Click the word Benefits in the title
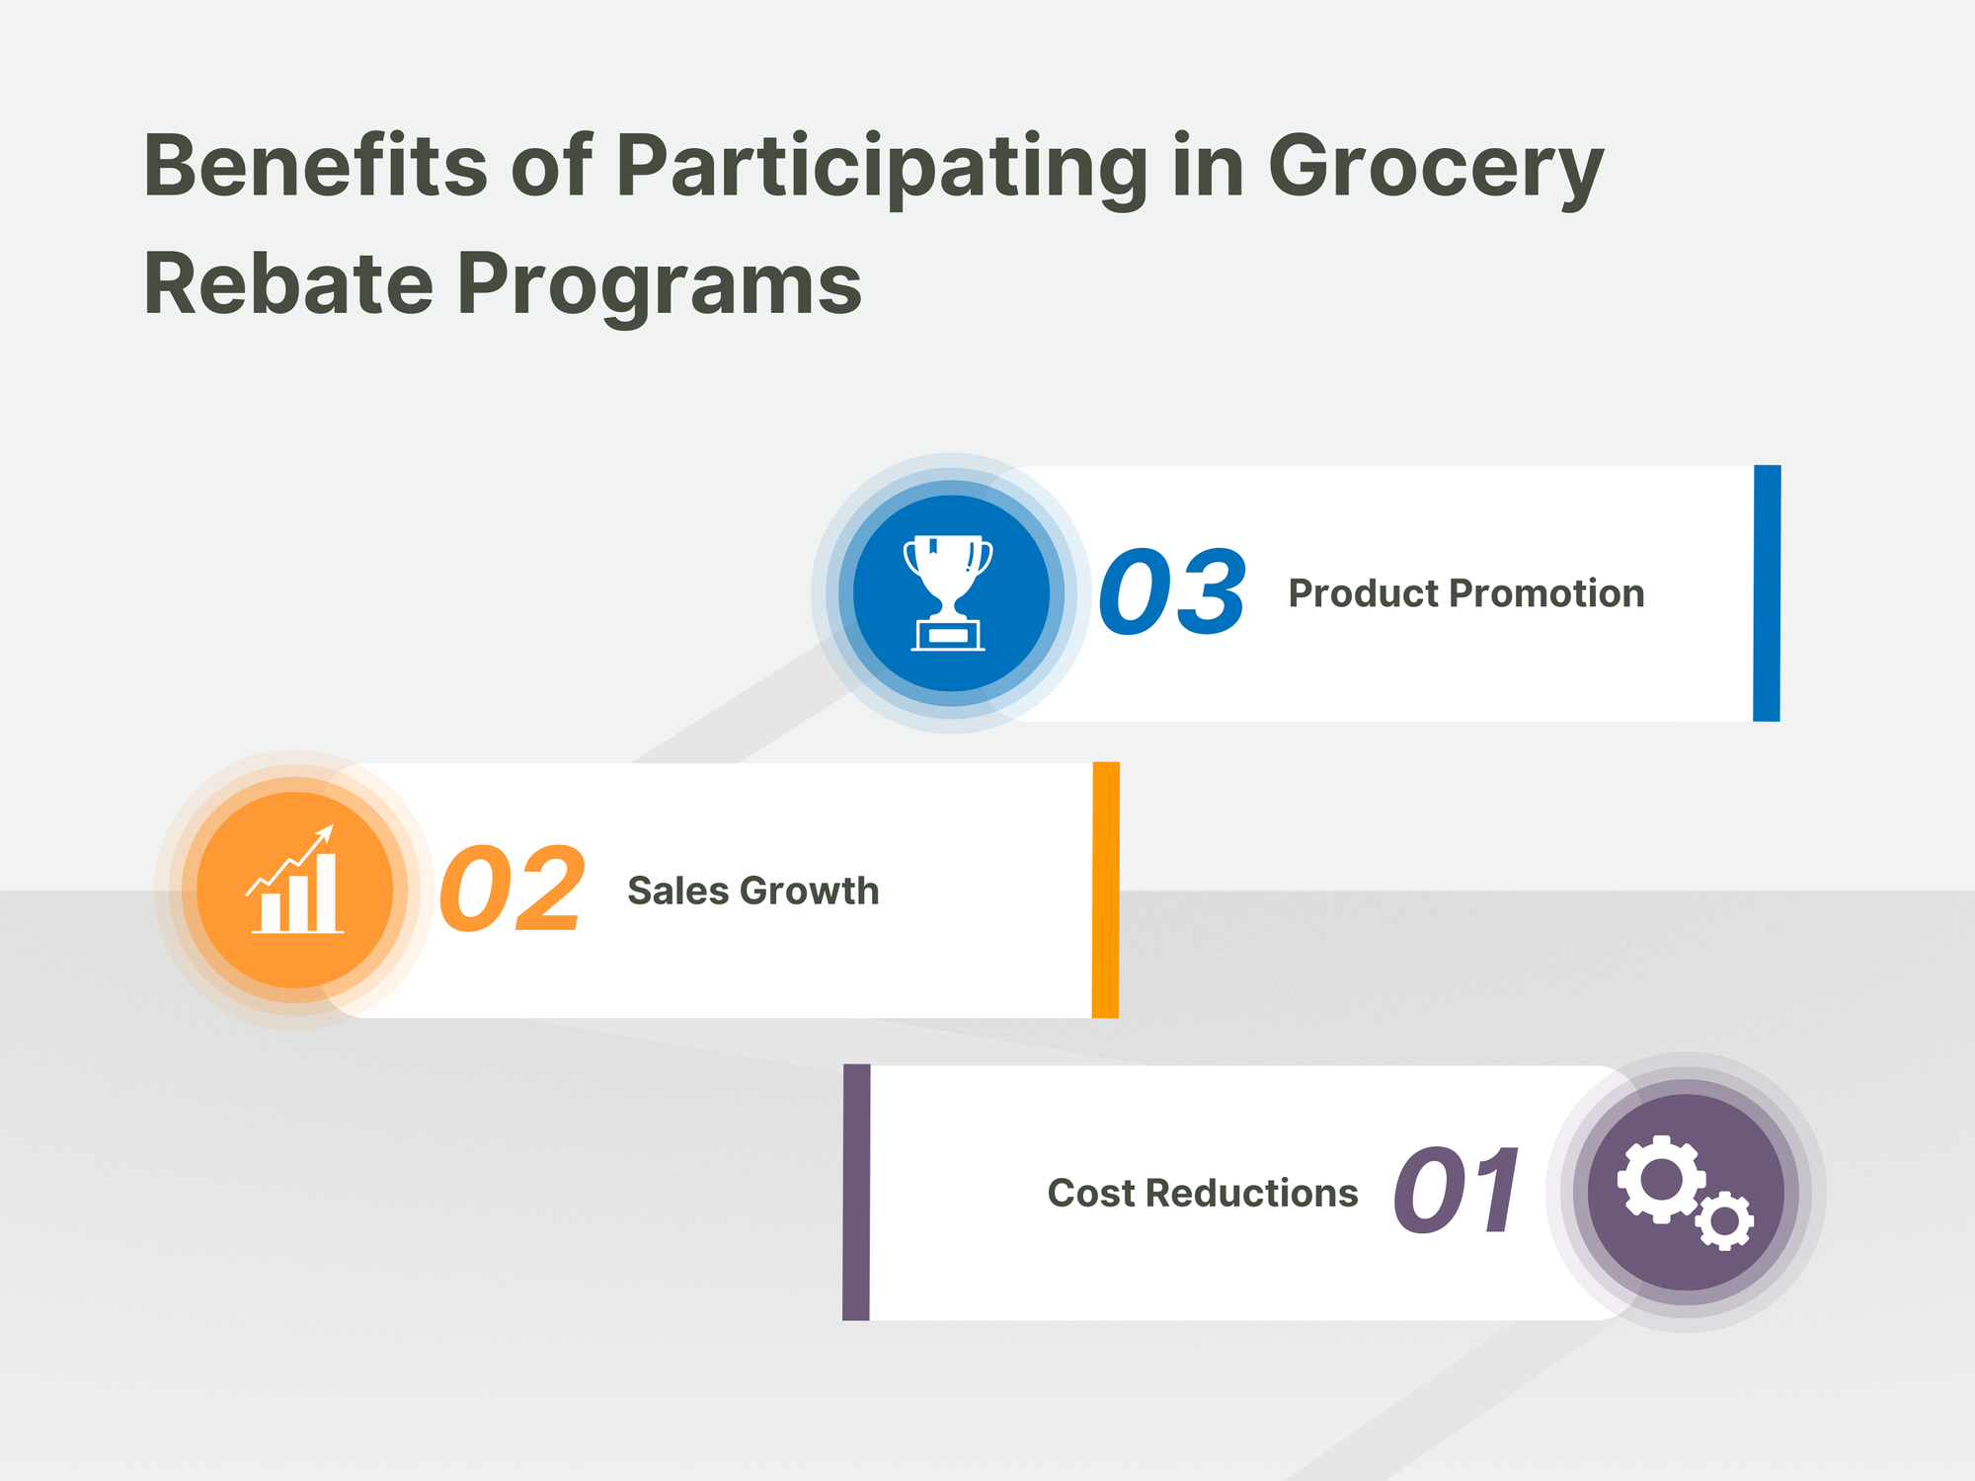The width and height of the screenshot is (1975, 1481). click(x=315, y=166)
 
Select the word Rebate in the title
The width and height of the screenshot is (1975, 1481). click(x=287, y=284)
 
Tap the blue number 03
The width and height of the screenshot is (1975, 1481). click(x=1172, y=592)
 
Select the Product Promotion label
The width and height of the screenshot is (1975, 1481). click(x=1465, y=593)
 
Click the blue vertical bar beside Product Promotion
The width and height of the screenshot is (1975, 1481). click(x=1767, y=593)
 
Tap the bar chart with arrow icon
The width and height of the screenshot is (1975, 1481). click(x=295, y=882)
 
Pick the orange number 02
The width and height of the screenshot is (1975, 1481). click(x=513, y=890)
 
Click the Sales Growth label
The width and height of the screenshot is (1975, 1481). click(x=752, y=891)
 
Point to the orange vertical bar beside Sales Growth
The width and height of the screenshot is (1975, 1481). click(x=1105, y=890)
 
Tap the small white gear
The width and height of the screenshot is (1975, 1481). click(x=1724, y=1221)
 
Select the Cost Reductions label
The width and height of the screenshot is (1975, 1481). click(x=1202, y=1193)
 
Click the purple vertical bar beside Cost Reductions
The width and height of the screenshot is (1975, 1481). click(x=856, y=1192)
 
